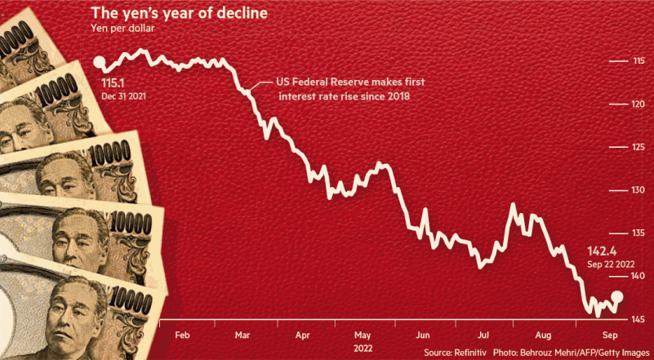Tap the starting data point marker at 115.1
pos(100,62)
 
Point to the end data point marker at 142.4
pos(617,297)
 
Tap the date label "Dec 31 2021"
pos(125,96)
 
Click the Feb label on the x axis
pos(183,335)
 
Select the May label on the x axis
pos(363,335)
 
